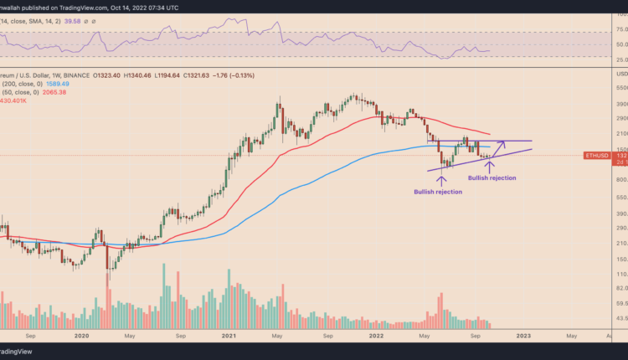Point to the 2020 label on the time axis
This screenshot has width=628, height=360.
coord(82,335)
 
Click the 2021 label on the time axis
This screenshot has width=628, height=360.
coord(230,335)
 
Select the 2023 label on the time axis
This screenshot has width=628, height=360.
coord(523,335)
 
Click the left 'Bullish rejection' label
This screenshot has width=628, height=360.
coord(437,192)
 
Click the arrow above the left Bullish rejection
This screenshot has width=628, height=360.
coord(441,179)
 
